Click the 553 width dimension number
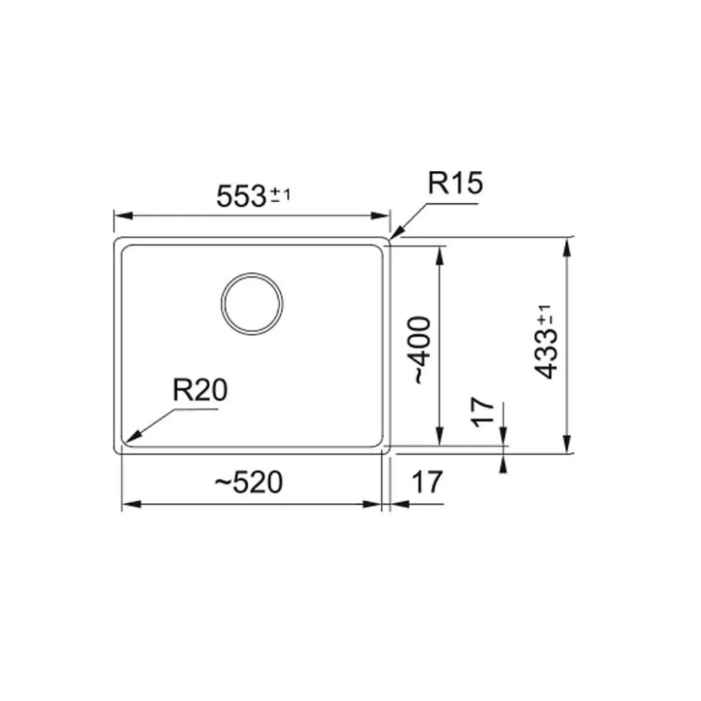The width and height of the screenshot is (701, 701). [241, 196]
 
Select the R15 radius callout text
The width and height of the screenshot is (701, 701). [454, 184]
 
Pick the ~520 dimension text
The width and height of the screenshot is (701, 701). [248, 482]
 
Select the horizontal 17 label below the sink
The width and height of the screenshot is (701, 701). [426, 482]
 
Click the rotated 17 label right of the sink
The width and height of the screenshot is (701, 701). [483, 412]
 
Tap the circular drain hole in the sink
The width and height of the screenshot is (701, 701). [251, 303]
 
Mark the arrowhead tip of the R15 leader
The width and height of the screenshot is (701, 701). [391, 238]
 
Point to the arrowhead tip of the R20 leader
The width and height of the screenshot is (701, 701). [126, 441]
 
